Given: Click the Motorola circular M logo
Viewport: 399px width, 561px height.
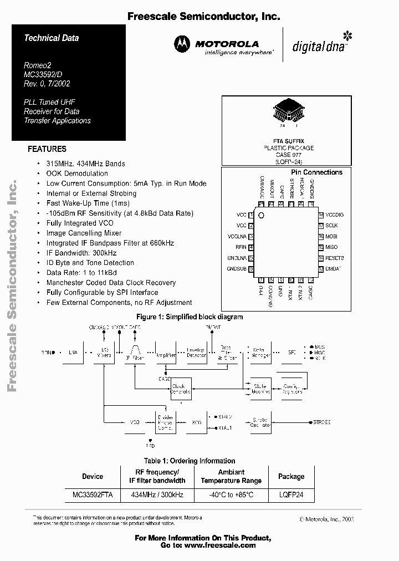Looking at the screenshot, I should coord(182,43).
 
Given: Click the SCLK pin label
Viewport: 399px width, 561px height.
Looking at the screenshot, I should coord(331,226).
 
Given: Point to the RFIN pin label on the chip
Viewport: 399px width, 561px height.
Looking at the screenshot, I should coord(241,247).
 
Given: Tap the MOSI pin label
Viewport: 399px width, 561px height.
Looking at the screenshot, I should coord(331,236).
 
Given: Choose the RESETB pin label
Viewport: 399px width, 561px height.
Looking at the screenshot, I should coord(334,258).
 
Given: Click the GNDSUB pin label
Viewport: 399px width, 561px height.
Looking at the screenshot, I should coord(237,269).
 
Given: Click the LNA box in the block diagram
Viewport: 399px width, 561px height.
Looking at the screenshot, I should coord(73,352).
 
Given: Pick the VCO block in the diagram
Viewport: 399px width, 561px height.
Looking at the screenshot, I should coord(135,422).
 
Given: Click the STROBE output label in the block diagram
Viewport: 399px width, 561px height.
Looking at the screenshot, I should coord(322,422).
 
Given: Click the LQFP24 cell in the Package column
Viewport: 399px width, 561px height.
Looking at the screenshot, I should coord(291,494).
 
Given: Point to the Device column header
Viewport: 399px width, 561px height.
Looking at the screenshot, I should coord(93,476).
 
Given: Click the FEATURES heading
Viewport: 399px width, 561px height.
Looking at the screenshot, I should coord(47,149).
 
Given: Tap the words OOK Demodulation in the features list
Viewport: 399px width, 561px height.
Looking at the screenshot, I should coord(77,174).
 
